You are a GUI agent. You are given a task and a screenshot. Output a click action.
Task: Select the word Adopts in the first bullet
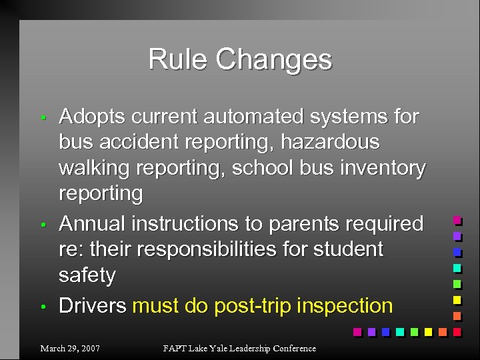(92, 117)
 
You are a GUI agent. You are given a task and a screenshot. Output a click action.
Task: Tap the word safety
(87, 275)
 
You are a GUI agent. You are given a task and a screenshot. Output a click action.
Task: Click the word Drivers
(93, 306)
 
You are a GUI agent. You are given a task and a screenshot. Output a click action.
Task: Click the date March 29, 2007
(70, 348)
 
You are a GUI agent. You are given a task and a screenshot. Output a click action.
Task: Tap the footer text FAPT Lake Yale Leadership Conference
(240, 348)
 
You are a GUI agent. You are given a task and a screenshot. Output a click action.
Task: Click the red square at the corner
(457, 331)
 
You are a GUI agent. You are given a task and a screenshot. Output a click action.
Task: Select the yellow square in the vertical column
(457, 299)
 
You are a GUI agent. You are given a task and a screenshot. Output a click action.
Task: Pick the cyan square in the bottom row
(399, 331)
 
